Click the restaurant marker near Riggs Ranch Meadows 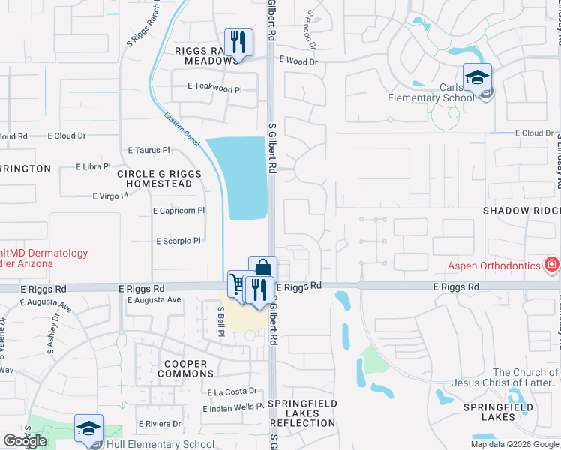point(238,43)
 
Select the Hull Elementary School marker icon point(88,429)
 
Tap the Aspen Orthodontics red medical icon point(552,265)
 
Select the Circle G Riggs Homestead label point(159,178)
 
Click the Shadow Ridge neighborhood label point(522,211)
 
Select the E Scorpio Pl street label point(178,241)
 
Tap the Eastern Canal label point(182,127)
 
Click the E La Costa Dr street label point(232,391)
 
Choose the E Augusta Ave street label point(154,300)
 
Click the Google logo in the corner point(25,441)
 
